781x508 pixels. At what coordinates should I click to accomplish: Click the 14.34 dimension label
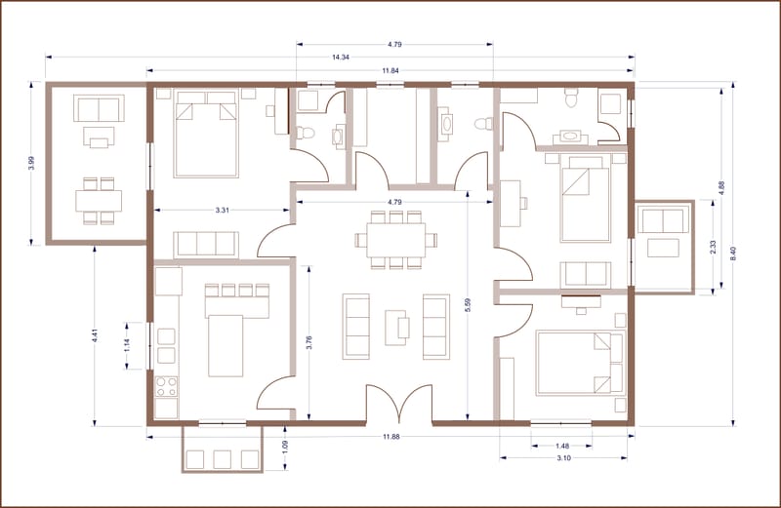(340, 58)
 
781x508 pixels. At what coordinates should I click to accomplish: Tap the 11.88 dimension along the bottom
(391, 437)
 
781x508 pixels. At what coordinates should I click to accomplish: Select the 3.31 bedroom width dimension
(223, 210)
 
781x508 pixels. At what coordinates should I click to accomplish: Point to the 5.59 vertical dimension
(468, 305)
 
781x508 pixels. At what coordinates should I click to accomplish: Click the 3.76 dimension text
(308, 343)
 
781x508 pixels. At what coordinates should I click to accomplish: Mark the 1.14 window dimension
(127, 345)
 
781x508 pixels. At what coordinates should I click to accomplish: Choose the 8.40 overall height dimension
(733, 254)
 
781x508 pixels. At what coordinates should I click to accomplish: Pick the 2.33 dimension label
(713, 248)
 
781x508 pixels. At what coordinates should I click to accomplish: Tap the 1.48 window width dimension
(562, 447)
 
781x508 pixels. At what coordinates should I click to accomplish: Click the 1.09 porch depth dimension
(285, 447)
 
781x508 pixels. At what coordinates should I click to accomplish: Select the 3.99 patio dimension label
(32, 163)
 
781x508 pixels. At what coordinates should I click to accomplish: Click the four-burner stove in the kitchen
(166, 387)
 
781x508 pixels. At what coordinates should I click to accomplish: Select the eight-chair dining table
(396, 240)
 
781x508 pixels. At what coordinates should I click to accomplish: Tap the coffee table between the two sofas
(397, 328)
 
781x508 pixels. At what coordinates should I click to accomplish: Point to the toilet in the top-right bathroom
(570, 98)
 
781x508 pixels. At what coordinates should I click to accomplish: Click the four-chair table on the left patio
(99, 201)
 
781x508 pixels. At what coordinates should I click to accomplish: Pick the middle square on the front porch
(223, 459)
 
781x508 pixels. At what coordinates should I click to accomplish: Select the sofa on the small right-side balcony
(663, 221)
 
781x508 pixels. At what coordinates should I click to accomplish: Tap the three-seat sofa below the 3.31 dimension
(206, 244)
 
